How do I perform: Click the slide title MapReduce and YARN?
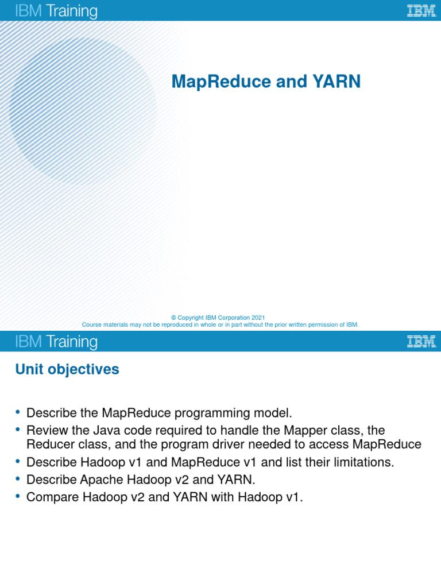[266, 82]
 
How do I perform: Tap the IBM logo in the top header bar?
[421, 10]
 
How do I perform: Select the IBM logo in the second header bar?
[421, 341]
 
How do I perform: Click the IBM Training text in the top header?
[56, 11]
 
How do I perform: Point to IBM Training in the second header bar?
[56, 342]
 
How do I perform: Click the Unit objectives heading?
[67, 369]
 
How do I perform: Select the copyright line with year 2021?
[218, 318]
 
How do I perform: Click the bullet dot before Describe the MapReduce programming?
[18, 412]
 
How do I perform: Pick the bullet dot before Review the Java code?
[18, 429]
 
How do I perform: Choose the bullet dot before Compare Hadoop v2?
[18, 496]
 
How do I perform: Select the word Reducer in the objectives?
[49, 444]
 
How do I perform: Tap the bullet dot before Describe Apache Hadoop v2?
[18, 478]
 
